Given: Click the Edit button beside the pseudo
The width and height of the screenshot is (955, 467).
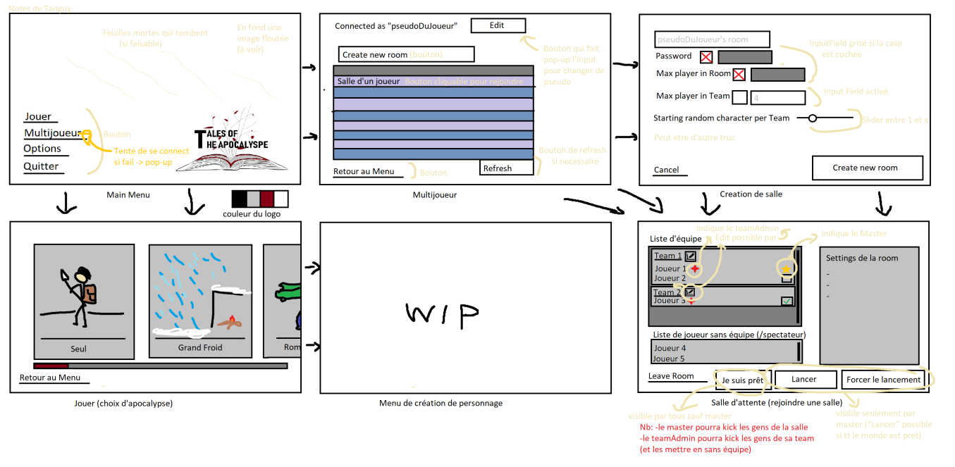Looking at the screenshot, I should (498, 26).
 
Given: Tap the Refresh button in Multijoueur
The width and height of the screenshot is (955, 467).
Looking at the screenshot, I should (506, 168).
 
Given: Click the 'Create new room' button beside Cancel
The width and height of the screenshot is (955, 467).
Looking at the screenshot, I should (867, 168).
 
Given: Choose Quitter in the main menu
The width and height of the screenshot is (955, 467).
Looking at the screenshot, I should (41, 167).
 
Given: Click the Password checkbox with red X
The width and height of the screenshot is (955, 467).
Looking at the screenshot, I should (706, 57).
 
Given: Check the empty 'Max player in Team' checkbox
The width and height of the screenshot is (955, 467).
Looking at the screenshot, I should (740, 97).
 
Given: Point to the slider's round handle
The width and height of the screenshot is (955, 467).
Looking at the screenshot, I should (812, 118).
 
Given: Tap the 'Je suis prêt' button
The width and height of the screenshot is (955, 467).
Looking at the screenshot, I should (743, 380).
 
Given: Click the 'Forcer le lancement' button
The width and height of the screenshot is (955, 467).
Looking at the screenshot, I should (883, 380).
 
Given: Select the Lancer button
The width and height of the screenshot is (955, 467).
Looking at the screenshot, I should (805, 380).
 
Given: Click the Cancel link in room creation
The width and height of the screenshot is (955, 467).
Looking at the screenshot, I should (666, 170).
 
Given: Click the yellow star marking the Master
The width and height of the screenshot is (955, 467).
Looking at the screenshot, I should (786, 268).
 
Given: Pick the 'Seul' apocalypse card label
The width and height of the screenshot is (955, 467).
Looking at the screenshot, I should (78, 349).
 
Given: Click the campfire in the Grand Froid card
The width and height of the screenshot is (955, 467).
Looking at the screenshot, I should (230, 323).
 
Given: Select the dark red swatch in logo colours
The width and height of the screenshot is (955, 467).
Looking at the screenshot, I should (266, 198).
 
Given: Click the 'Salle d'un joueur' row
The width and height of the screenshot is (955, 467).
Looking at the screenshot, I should (369, 82).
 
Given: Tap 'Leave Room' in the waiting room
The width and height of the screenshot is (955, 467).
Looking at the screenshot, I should (671, 376).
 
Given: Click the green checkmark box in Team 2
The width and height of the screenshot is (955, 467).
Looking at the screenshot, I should (787, 301).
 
